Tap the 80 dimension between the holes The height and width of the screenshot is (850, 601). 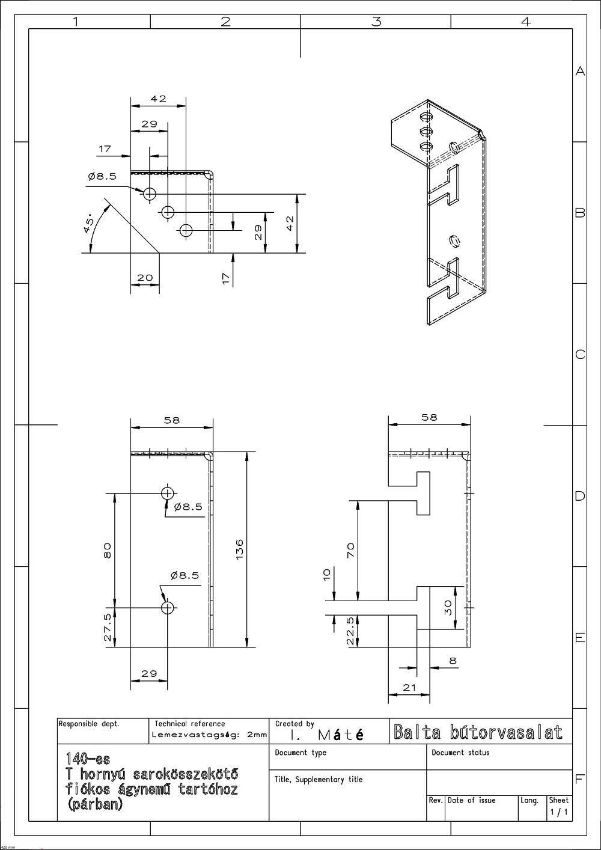[x=108, y=550]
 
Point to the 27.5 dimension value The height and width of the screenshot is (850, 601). [x=108, y=628]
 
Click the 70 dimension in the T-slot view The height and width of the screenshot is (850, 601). [x=351, y=550]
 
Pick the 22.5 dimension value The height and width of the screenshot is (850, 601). [x=351, y=631]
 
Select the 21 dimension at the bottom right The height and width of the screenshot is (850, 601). [x=409, y=687]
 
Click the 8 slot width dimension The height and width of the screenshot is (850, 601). [x=453, y=661]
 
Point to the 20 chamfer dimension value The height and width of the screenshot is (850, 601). [x=145, y=277]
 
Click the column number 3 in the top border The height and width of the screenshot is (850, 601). [x=376, y=21]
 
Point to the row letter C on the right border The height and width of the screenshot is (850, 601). [x=580, y=355]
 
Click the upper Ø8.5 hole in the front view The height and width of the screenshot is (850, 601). [x=167, y=494]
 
